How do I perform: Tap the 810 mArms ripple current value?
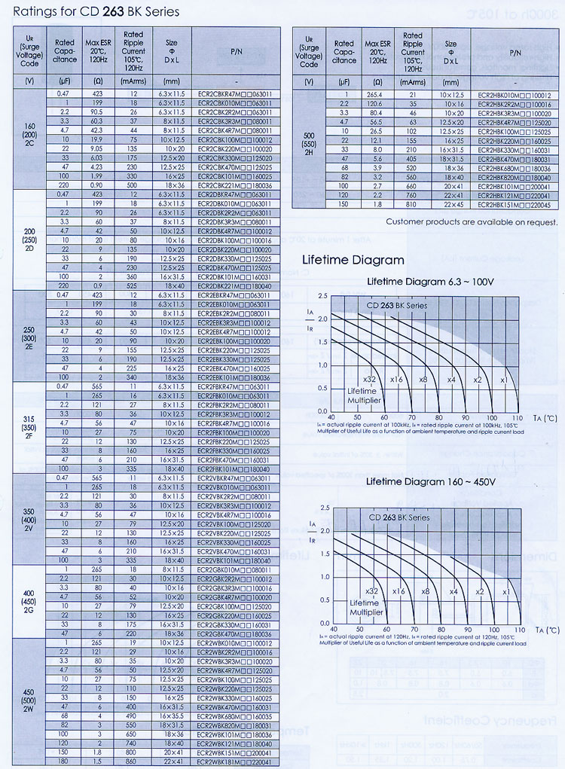pos(413,203)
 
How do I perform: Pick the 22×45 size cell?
pos(450,203)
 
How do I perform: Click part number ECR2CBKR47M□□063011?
pos(234,93)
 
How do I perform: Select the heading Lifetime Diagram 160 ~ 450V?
pos(429,481)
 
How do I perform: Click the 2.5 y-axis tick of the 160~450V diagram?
pos(324,509)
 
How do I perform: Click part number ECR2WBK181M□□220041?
pos(234,761)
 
